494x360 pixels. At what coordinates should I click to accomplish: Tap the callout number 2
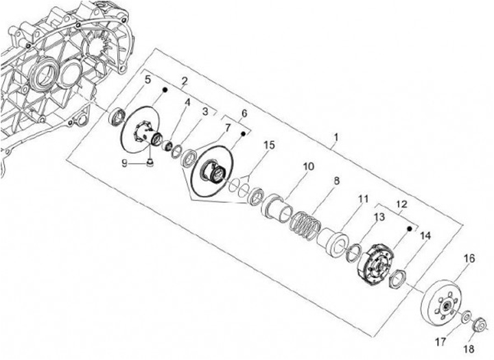coord(184,81)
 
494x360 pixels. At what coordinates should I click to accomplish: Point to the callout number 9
coord(126,163)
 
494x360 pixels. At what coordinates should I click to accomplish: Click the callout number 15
coord(269,145)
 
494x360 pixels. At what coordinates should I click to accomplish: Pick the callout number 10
coord(308,167)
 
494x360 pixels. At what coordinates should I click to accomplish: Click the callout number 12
coord(402,204)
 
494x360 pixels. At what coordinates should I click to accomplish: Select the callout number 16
coord(470,259)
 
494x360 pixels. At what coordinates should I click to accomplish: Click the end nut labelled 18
coord(479,321)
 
